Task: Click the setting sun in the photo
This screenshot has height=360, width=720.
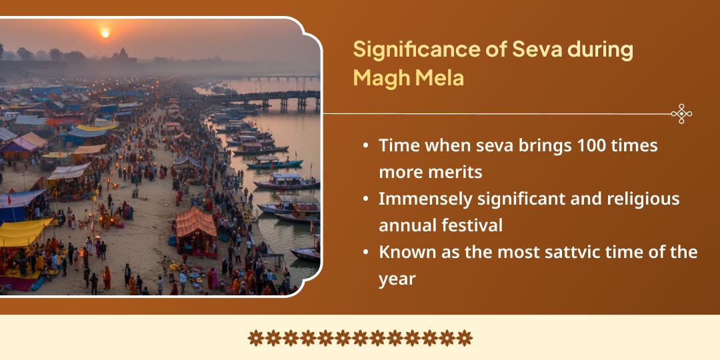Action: pos(104,32)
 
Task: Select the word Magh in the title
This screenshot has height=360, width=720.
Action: pos(378,77)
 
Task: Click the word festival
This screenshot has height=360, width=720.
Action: pos(472,225)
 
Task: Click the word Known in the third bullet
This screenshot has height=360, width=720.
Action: pos(404,253)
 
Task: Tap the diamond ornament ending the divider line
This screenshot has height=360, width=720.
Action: pos(681,114)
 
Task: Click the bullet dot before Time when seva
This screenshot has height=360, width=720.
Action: pos(366,146)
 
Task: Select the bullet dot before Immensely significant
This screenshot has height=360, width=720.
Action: pos(366,199)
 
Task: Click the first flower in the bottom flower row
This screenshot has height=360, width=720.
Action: pos(255,338)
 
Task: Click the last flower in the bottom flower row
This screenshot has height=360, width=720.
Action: pos(465,338)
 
